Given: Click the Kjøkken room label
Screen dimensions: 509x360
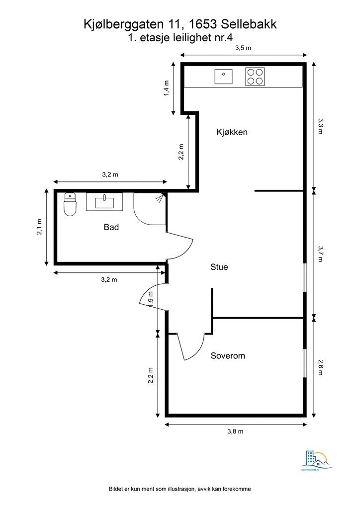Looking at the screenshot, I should point(232,132).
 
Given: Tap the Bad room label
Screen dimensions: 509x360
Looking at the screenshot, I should point(111,227).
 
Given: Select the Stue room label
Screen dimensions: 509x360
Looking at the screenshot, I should point(219,267).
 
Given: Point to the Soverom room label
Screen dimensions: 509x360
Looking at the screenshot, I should point(228,356).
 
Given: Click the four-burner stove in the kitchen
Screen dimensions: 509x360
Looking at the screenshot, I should point(255,77).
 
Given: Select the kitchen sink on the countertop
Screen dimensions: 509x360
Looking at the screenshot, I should point(223,77).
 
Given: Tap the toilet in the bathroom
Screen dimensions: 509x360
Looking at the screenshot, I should point(70,205).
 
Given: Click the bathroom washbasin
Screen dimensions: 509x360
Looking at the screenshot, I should point(104,202).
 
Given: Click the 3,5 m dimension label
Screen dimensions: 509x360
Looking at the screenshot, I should point(243,48).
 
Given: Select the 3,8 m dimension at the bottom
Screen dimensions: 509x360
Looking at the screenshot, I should point(235,431).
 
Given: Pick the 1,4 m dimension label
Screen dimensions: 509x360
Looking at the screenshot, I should point(167,88).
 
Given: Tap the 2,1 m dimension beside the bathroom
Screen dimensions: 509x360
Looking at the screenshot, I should point(39,227).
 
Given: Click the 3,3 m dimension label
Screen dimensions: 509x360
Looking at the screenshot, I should point(321,126).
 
